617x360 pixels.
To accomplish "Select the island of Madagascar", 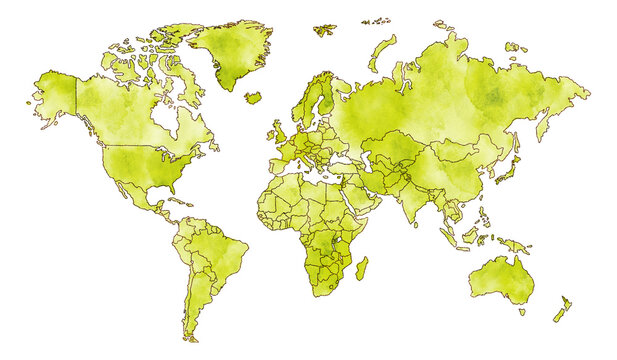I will [361, 268].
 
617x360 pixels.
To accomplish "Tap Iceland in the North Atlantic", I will [253, 98].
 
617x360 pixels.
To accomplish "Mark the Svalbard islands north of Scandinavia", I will [324, 30].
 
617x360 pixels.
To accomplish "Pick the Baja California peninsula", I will [110, 180].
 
